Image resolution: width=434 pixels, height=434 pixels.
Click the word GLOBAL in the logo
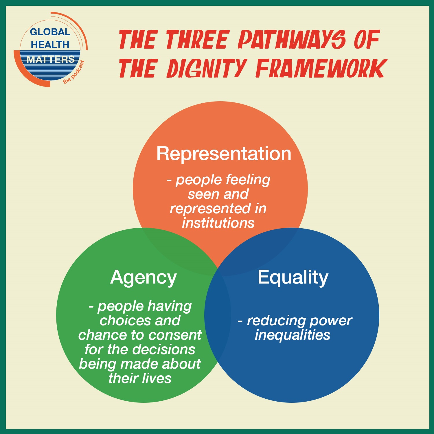pos(50,32)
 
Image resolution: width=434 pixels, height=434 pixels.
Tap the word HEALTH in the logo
pos(50,45)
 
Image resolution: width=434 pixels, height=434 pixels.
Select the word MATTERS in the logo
pos(51,59)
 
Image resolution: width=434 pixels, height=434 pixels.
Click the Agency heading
pos(144,278)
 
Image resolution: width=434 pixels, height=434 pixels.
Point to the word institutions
pos(218,223)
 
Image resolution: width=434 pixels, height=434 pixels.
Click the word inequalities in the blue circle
pos(292,335)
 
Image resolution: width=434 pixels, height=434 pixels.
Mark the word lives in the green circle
pos(158,378)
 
